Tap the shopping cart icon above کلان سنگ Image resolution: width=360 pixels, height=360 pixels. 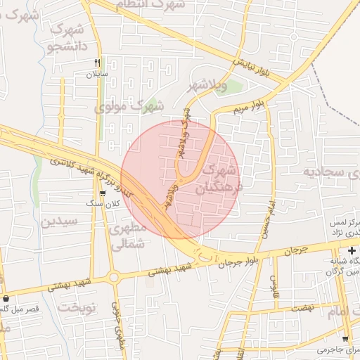pos(103,193)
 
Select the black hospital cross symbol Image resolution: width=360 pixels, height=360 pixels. pos(351,251)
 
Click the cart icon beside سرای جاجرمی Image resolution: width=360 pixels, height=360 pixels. pos(345,339)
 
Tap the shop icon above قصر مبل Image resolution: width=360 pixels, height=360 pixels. pos(6,298)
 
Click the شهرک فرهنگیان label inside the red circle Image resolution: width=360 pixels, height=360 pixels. pos(215,180)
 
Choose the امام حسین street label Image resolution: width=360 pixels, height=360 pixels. pos(269,219)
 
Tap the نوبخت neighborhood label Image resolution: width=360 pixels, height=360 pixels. pos(76,307)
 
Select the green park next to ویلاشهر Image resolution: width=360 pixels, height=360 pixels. pos(233,87)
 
